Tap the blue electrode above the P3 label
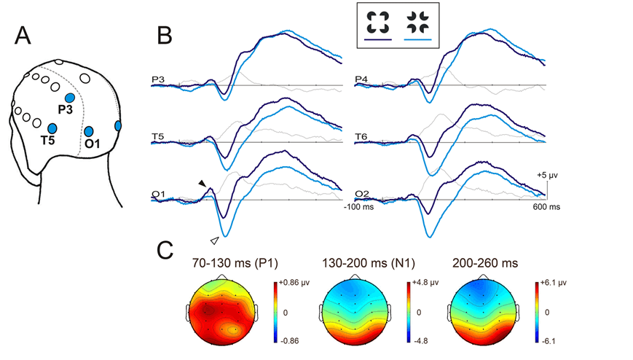click(70, 98)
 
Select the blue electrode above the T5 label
click(52, 128)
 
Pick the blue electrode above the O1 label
click(88, 131)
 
